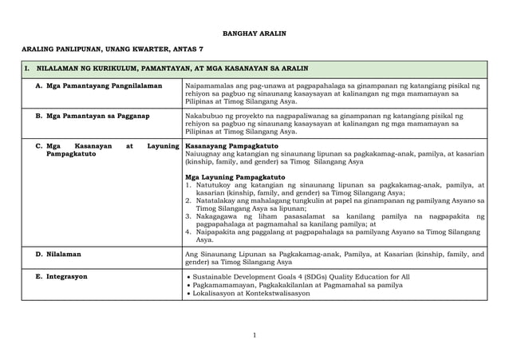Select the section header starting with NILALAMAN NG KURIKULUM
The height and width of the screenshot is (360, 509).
(163, 69)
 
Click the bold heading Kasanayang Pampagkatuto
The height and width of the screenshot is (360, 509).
(220, 147)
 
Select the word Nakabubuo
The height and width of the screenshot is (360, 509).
(203, 117)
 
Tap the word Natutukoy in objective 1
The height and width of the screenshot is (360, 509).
(215, 185)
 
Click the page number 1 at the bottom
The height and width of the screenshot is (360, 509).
(254, 334)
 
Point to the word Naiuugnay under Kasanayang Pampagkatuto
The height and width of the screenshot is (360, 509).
(203, 156)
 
